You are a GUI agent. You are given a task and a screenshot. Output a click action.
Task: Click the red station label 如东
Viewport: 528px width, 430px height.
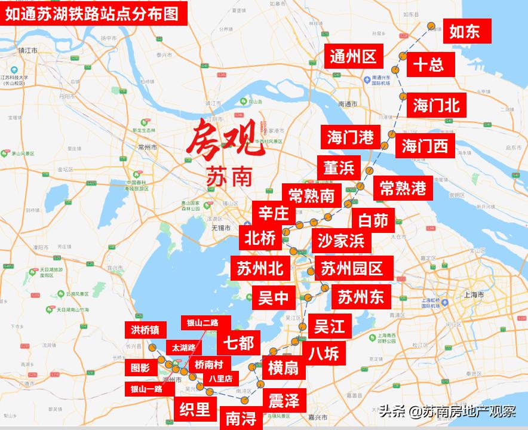[465, 31]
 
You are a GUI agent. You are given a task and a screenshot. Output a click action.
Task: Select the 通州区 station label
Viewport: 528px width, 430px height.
[353, 57]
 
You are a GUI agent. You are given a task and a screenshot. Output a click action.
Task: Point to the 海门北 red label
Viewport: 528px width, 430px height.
[437, 105]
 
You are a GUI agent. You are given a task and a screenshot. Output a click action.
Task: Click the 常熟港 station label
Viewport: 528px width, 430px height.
[403, 188]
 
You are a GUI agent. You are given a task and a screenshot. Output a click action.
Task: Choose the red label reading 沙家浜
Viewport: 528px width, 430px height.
[341, 241]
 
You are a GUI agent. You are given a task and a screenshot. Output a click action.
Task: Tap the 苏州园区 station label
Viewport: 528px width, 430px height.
[352, 268]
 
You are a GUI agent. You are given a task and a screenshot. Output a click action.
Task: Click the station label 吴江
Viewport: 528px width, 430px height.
[330, 326]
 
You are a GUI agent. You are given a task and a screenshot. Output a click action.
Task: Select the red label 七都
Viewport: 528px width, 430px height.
[238, 343]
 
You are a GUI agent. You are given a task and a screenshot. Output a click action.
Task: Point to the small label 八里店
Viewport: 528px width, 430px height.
[220, 378]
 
